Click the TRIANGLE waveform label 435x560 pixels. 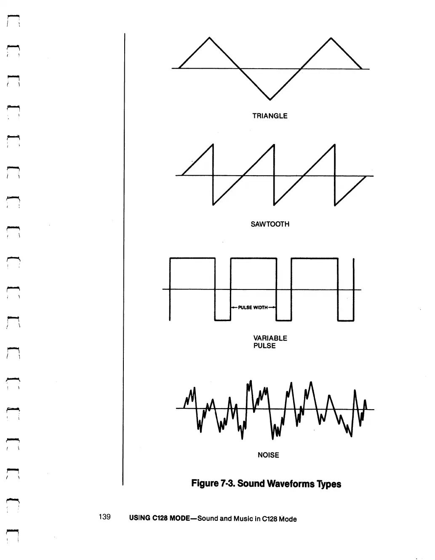270,116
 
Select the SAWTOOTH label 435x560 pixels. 270,224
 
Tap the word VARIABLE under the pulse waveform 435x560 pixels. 270,338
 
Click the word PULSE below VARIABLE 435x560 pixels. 264,346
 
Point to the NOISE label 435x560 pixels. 268,455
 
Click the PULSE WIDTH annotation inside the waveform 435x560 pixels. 253,308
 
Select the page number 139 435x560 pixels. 104,517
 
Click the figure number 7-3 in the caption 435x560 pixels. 227,483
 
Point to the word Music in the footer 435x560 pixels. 241,519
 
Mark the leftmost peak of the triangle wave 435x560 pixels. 209,38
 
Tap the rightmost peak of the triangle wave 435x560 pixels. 331,38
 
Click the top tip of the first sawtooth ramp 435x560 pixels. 213,145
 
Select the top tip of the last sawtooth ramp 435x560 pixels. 334,145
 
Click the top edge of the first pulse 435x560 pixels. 192,258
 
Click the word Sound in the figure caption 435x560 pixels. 249,483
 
